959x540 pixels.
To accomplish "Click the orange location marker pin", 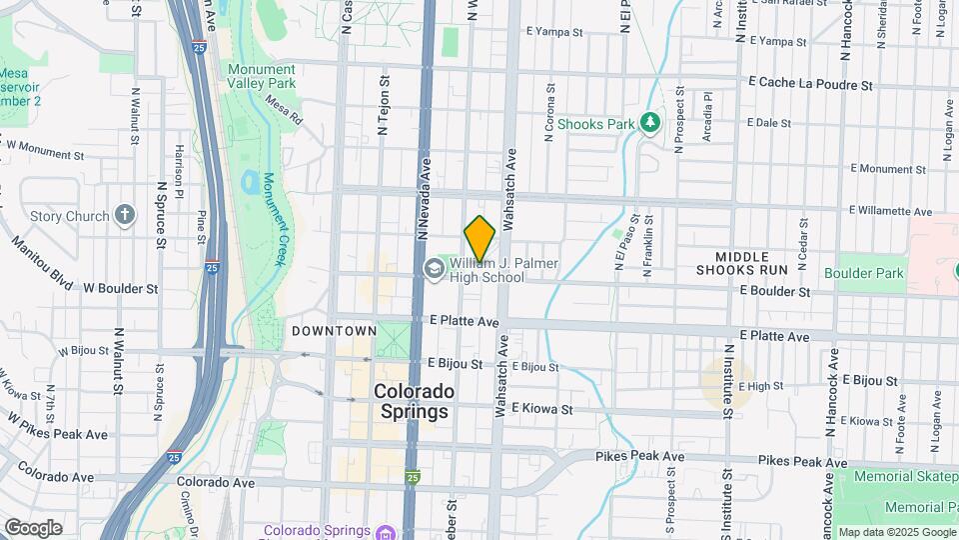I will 479,238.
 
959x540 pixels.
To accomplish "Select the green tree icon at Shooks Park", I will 650,123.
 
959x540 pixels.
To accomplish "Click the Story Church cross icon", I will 124,215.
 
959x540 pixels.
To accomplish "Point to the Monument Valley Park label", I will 261,76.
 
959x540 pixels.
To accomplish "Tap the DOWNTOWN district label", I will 335,331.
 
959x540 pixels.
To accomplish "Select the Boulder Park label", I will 864,273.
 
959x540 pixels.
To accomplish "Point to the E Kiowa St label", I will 542,409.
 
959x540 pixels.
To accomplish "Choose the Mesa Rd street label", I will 284,108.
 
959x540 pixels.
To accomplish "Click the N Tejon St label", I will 382,103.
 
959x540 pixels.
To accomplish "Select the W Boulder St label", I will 120,288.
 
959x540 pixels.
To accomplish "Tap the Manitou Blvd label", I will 43,262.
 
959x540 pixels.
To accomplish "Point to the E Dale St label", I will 768,123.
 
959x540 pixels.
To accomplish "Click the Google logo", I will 33,527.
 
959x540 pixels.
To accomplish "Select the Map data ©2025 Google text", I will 897,533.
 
